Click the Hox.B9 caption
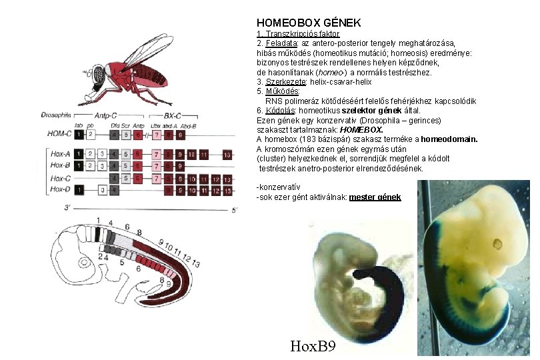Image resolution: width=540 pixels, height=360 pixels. [313, 347]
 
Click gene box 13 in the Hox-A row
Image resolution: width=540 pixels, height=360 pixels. [227, 154]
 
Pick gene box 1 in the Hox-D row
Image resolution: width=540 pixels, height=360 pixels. [79, 191]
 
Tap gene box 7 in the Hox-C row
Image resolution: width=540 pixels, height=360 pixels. [157, 178]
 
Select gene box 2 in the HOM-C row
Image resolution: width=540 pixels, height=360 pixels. [91, 134]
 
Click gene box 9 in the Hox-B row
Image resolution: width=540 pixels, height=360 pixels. [180, 166]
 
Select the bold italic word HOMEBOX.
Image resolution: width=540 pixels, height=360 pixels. [361, 130]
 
